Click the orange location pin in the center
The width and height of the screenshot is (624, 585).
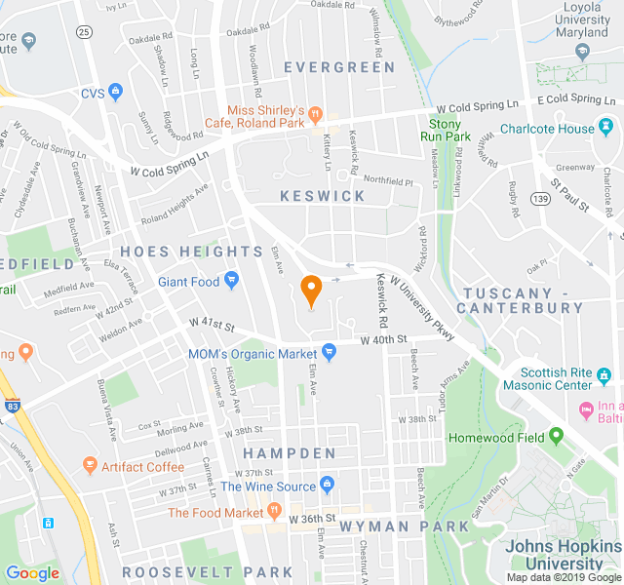pos(311,290)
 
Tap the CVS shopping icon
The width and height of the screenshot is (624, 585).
pos(117,93)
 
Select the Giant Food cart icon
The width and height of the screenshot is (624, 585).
pos(231,282)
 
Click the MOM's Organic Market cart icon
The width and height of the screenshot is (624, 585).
pos(329,352)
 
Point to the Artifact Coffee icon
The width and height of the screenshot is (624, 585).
pos(90,466)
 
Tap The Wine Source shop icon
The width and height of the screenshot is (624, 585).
pos(327,486)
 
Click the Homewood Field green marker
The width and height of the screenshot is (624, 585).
pos(556,436)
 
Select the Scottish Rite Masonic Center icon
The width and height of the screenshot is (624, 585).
pos(604,374)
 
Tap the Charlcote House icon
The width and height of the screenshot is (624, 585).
pos(606,128)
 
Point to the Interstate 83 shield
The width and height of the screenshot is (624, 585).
pos(11,405)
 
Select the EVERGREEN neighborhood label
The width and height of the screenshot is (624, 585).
pos(339,67)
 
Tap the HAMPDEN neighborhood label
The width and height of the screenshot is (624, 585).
pos(289,453)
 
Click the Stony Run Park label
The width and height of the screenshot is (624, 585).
pos(450,130)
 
